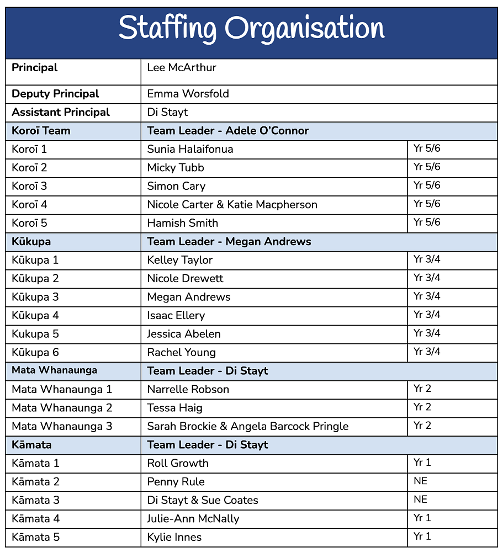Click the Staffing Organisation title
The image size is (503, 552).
[251, 29]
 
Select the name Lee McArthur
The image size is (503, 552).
[182, 68]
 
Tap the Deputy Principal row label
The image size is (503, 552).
[55, 94]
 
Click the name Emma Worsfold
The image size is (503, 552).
[188, 94]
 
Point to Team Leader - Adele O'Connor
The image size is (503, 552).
[227, 131]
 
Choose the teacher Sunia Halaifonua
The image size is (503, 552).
[190, 149]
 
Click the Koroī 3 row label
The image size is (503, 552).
[29, 186]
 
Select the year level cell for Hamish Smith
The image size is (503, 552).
[427, 222]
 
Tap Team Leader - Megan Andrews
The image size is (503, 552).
[229, 241]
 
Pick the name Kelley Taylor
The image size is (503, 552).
[179, 260]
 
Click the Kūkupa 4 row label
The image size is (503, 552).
[35, 315]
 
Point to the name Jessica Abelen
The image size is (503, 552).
[183, 334]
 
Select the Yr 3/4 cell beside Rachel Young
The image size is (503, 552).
[427, 352]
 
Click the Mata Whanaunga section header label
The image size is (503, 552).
[54, 370]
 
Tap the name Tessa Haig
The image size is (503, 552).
[174, 408]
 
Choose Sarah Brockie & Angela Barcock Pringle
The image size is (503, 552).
[247, 426]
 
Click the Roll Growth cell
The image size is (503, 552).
[178, 463]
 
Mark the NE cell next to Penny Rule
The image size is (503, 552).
[420, 481]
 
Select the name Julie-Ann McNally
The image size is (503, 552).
[193, 519]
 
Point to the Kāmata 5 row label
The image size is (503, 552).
[35, 537]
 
